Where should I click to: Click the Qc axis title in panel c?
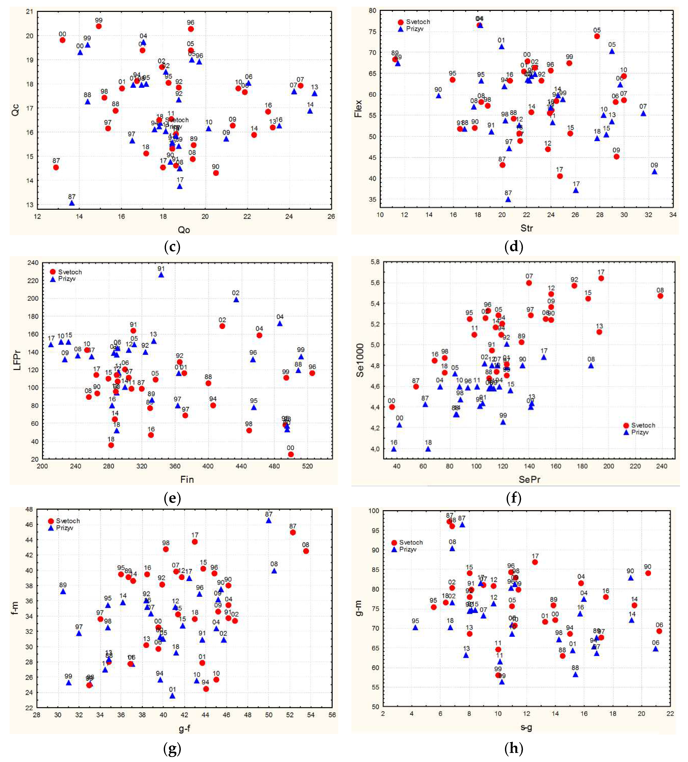[x=15, y=110]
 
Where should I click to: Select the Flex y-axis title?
[x=358, y=108]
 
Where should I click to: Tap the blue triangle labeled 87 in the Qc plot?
[x=72, y=203]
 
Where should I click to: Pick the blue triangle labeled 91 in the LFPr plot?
[x=161, y=275]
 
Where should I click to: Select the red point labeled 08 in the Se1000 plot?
[x=660, y=296]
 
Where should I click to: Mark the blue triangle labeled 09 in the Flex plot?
[x=654, y=172]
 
